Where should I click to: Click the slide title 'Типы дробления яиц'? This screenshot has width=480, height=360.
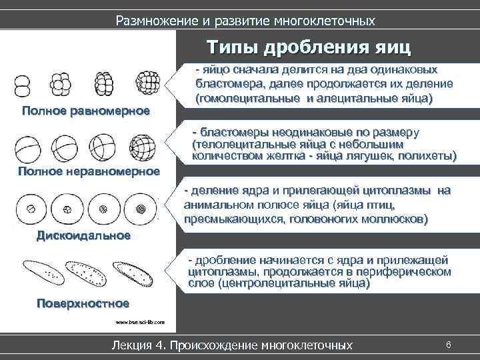click(309, 48)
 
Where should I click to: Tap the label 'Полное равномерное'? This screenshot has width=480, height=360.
click(85, 110)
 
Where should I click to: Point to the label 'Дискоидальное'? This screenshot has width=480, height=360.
click(83, 235)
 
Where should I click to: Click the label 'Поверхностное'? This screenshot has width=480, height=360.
click(82, 303)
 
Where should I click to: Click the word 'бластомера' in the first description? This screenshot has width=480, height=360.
click(225, 85)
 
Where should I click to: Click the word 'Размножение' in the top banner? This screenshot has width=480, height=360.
click(157, 21)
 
